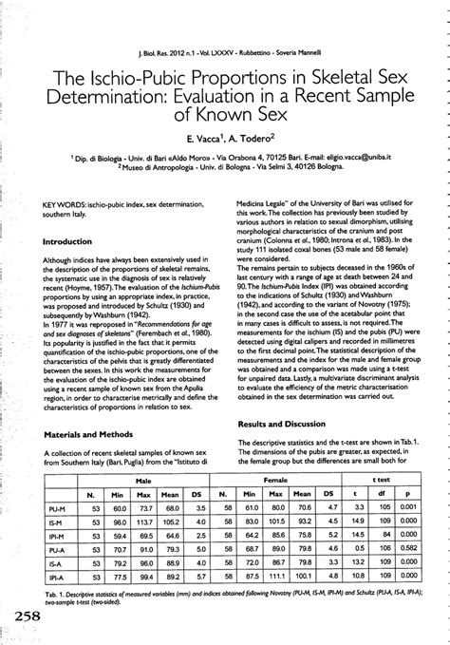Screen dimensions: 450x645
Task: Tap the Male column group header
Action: coord(142,483)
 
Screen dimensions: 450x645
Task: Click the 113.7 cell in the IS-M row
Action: coord(145,522)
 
